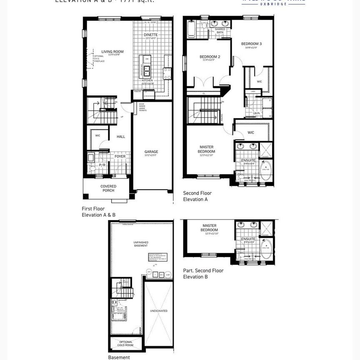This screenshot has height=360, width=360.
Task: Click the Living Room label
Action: (x=110, y=52)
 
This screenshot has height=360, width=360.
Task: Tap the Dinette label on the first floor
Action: (x=151, y=35)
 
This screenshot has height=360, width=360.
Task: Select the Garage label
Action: (x=151, y=152)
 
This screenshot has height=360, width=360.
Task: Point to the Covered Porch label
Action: (x=108, y=188)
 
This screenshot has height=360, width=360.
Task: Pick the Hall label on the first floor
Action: (x=121, y=137)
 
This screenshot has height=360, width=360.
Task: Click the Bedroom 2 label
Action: (x=210, y=57)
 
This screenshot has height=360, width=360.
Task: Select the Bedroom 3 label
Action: (x=251, y=44)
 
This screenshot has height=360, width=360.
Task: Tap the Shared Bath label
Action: (x=220, y=31)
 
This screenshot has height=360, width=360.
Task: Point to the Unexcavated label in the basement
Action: (x=158, y=310)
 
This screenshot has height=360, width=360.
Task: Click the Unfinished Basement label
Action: (x=141, y=244)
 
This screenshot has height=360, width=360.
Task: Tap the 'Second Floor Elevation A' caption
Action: (x=197, y=196)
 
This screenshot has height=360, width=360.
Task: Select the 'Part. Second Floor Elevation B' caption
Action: (x=203, y=273)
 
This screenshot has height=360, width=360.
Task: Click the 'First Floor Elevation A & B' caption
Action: (x=98, y=212)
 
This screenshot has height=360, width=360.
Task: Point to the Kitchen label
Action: (x=147, y=80)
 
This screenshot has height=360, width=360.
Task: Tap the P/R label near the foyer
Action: (x=102, y=165)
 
